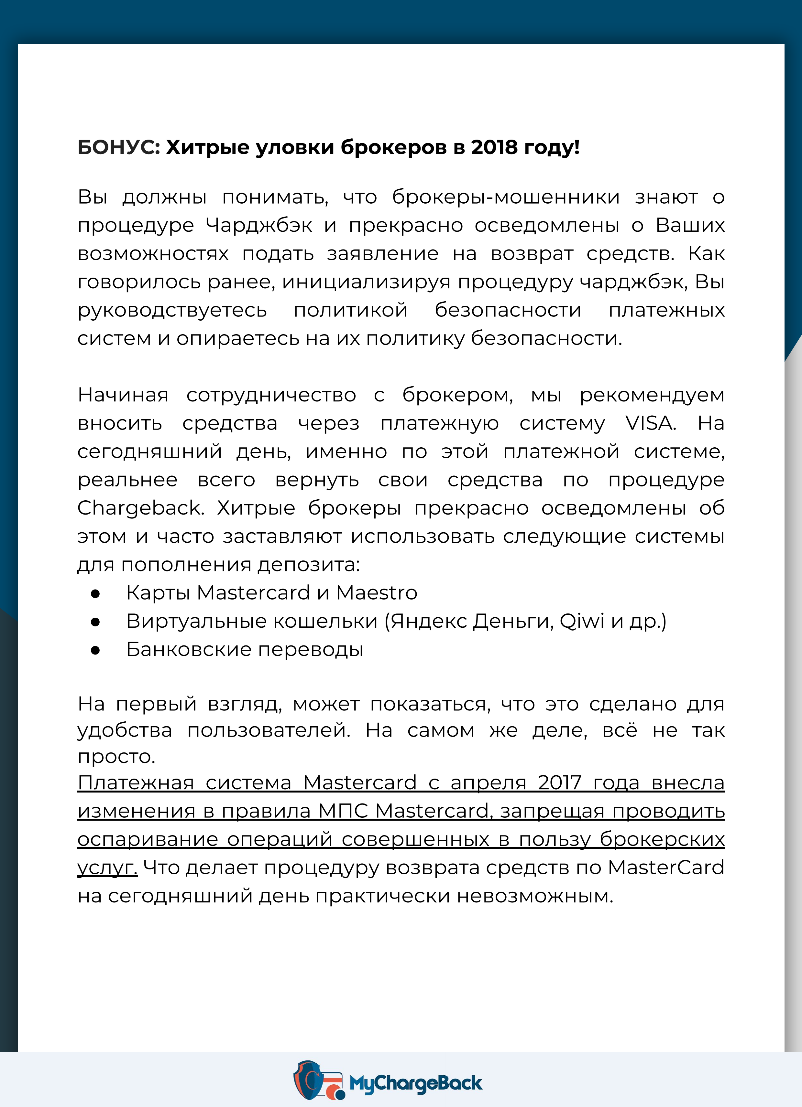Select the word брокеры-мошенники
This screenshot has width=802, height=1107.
tap(506, 197)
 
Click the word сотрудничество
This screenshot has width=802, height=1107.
tap(271, 395)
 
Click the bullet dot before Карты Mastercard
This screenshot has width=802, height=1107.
tap(95, 593)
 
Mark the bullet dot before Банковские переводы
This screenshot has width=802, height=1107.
tap(95, 650)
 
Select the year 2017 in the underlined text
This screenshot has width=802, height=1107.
tap(559, 783)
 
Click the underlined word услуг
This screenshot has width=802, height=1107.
tap(107, 868)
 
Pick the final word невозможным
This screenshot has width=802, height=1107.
tap(535, 896)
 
